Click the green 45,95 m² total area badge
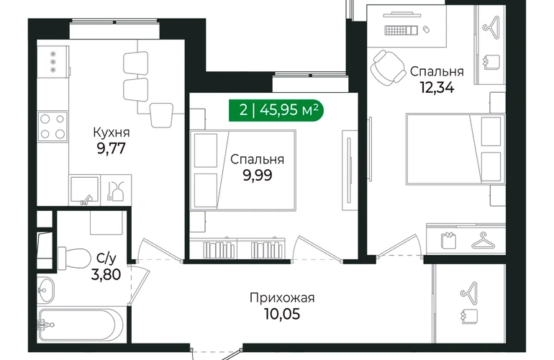pyautogui.click(x=276, y=110)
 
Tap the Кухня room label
pyautogui.click(x=112, y=132)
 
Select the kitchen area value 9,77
pyautogui.click(x=112, y=148)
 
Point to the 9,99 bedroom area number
pyautogui.click(x=258, y=175)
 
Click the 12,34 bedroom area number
pyautogui.click(x=437, y=87)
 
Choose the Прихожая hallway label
pyautogui.click(x=282, y=298)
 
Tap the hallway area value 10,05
pyautogui.click(x=282, y=314)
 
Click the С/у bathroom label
pyautogui.click(x=106, y=258)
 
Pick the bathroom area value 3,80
pyautogui.click(x=106, y=274)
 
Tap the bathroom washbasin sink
pyautogui.click(x=46, y=290)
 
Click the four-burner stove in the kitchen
pyautogui.click(x=53, y=126)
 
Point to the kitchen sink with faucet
pyautogui.click(x=85, y=190)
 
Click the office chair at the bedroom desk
pyautogui.click(x=388, y=67)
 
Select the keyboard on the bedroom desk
pyautogui.click(x=401, y=30)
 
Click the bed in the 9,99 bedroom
pyautogui.click(x=242, y=171)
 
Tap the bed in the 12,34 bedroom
pyautogui.click(x=455, y=149)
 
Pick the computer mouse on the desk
pyautogui.click(x=426, y=29)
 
